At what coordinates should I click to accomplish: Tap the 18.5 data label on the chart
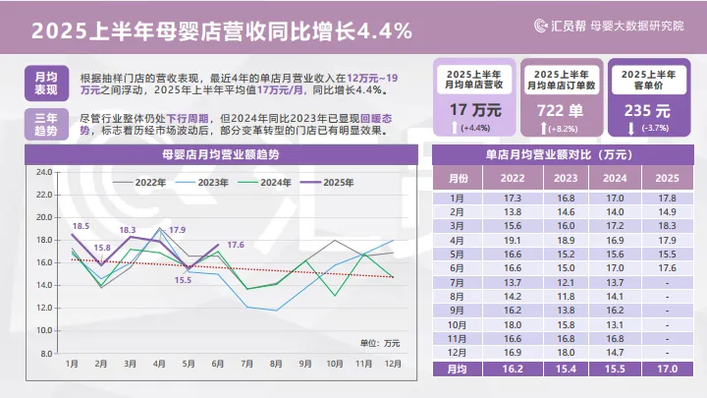coord(81,225)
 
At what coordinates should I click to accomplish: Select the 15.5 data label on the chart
coord(184,280)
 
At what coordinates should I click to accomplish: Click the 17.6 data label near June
coord(236,245)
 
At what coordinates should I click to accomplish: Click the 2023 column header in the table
coord(566,178)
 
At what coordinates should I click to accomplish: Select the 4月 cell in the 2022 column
coord(512,239)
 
